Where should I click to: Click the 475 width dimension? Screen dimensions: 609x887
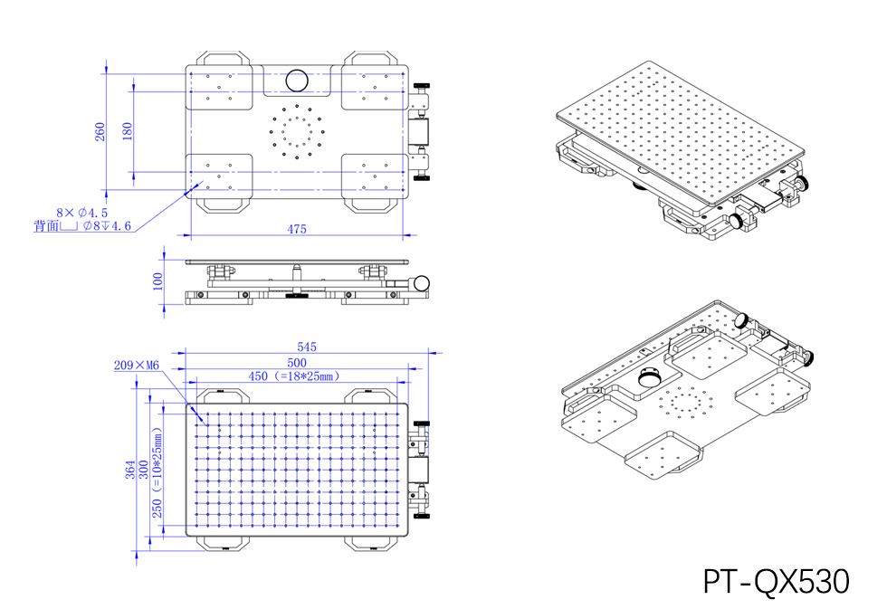(x=297, y=229)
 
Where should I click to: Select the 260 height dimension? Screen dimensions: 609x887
(x=100, y=131)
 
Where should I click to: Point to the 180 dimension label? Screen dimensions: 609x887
(x=127, y=129)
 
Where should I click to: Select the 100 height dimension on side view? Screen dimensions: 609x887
(x=157, y=283)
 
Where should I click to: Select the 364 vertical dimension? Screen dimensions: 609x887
(x=129, y=470)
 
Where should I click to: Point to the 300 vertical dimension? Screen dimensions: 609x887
(x=143, y=470)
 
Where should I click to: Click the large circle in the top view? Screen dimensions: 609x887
(x=296, y=80)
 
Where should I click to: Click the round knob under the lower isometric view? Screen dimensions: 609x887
(x=647, y=377)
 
